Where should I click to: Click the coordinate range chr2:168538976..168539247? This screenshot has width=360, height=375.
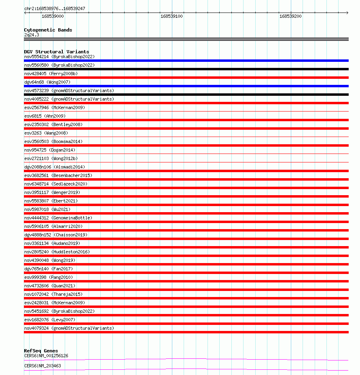coord(55,8)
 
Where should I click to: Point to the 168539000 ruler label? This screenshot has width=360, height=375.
coord(53,16)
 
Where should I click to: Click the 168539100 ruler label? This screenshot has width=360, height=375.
coord(172,16)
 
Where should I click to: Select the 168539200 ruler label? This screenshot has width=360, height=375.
coord(290,16)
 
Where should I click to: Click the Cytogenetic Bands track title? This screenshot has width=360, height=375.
coord(48,30)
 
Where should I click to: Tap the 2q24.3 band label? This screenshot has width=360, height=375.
coord(32,35)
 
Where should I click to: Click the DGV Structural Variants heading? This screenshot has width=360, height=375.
coord(56,52)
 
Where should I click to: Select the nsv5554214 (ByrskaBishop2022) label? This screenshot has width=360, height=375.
coord(59,57)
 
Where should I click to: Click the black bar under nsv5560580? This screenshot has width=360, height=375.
coord(186,69)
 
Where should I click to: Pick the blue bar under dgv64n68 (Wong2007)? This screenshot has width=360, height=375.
coord(186,86)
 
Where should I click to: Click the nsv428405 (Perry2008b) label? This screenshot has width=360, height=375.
coord(51,74)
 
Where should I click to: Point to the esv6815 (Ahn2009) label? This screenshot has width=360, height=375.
coord(45,116)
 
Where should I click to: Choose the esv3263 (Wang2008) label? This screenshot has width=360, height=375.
coord(46,133)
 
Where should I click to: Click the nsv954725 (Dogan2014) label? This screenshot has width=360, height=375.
coord(50,150)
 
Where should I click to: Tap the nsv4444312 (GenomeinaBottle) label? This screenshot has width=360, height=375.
coord(58,218)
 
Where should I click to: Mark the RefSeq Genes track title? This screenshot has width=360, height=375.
coord(41,351)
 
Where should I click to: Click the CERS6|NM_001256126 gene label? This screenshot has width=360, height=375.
coord(46,356)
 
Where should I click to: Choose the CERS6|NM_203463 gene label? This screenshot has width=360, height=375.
coord(42,366)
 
